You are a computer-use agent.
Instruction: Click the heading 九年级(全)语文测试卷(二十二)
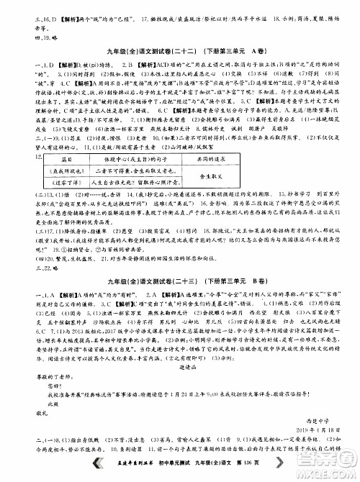coord(132,50)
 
